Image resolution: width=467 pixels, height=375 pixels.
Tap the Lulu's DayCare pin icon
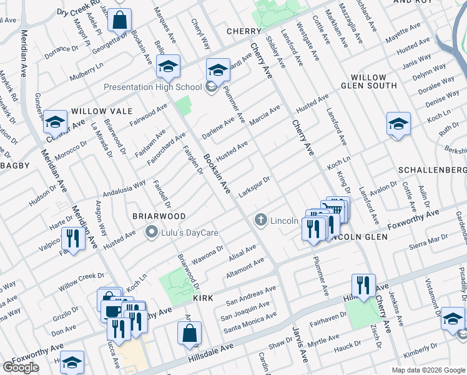point(150,233)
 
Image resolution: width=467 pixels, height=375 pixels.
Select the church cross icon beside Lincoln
point(260,220)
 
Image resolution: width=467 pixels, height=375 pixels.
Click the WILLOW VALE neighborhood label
point(102,111)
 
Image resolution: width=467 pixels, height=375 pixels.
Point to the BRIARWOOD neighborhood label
point(159,216)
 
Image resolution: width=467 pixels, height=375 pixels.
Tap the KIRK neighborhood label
point(203,299)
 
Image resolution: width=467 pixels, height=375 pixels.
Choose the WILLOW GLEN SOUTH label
point(369,85)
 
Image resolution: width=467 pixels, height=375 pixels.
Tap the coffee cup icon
point(113,311)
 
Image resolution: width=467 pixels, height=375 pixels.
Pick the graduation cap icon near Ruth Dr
point(398,124)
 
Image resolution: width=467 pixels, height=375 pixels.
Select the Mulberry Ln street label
point(86,66)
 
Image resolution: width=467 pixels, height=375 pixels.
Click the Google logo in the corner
point(21,367)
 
